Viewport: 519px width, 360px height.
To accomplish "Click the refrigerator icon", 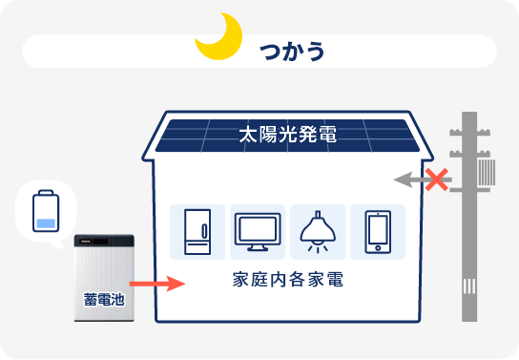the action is (197, 231).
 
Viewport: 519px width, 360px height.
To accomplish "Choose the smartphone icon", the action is (377, 231).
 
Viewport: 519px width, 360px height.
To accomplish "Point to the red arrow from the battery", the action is (156, 284).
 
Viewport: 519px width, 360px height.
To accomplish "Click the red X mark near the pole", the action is (437, 179).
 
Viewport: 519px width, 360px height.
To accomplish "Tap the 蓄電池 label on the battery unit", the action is (104, 296).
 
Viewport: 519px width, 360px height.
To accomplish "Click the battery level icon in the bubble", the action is (44, 211).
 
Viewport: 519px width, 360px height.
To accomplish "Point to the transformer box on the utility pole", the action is (488, 173).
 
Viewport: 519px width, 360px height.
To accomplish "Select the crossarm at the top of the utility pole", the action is (469, 131).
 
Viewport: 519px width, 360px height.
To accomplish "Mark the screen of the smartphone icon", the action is (377, 230).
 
